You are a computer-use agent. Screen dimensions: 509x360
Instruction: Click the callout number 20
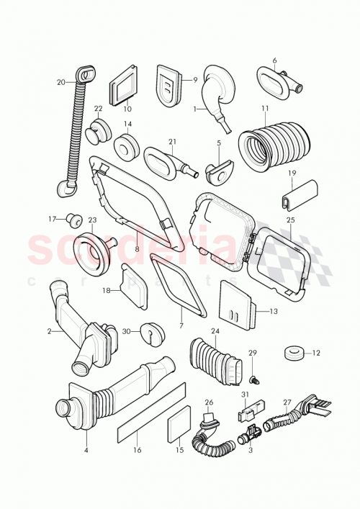[x=60, y=82]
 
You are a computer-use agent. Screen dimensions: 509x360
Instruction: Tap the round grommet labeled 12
[x=292, y=353]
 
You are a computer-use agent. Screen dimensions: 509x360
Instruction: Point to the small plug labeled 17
[x=72, y=218]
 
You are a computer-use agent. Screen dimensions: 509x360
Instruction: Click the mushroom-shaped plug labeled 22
[x=97, y=133]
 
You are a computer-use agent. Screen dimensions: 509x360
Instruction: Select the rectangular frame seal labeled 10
[x=123, y=90]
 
